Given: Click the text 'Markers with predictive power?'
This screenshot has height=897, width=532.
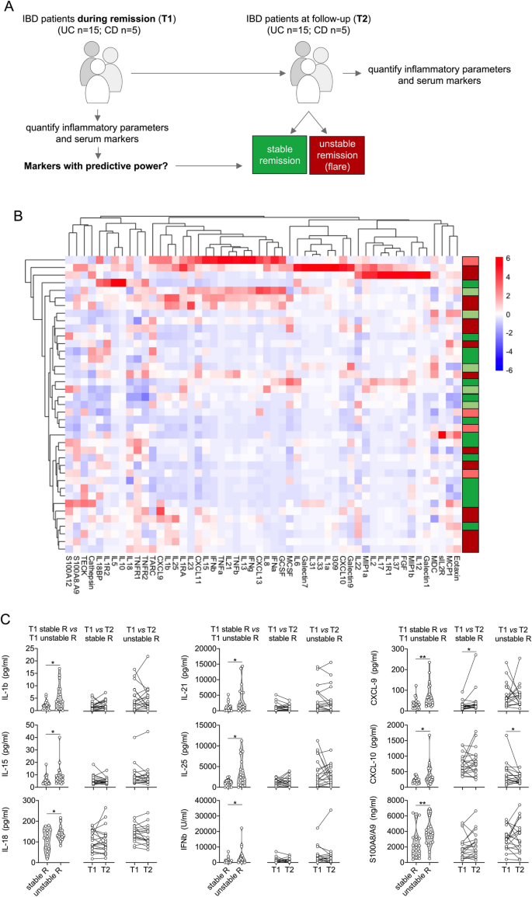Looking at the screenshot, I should (89, 166).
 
